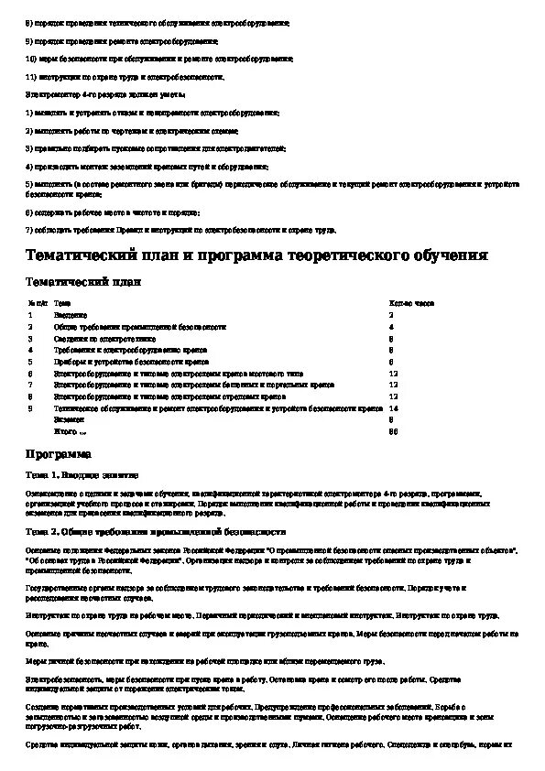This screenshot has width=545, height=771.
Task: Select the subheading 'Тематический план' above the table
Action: [83, 282]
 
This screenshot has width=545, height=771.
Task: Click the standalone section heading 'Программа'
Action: [58, 453]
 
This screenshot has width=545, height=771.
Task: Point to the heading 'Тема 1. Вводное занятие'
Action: [82, 475]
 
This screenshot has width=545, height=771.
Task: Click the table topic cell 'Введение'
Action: [71, 314]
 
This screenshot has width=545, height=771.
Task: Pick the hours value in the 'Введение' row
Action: [391, 314]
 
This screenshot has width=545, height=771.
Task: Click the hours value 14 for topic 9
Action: [393, 408]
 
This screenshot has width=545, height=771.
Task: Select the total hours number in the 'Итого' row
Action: [393, 431]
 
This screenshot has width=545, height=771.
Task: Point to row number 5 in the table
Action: [30, 362]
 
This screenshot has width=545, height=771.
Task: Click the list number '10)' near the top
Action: [30, 59]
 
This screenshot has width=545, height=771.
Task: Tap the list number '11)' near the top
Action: [30, 77]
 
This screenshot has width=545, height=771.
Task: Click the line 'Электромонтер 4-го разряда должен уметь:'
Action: [105, 94]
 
